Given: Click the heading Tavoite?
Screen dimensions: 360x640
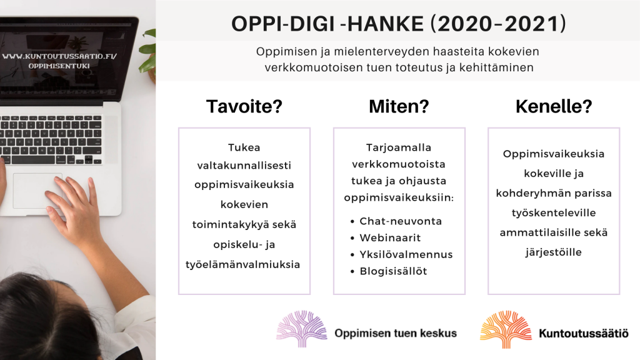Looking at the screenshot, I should (x=244, y=107).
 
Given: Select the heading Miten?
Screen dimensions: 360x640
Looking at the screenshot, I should (x=399, y=107).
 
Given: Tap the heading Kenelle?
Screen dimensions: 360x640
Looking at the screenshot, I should (x=554, y=107).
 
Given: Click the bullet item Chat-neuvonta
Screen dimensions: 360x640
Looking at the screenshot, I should (x=401, y=221).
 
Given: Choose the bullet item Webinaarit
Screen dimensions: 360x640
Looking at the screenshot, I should (x=390, y=238).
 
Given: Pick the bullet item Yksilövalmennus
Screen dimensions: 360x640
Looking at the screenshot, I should (x=406, y=254).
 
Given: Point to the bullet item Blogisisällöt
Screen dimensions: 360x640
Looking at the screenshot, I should (x=393, y=271).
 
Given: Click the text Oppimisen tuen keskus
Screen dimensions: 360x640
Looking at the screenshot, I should (x=396, y=333).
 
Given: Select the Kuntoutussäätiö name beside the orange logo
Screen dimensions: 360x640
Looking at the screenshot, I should (x=583, y=334).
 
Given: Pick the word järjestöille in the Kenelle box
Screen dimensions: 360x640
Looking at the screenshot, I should (x=554, y=252).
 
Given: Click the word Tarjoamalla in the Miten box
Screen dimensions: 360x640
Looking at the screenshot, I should (x=399, y=147).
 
